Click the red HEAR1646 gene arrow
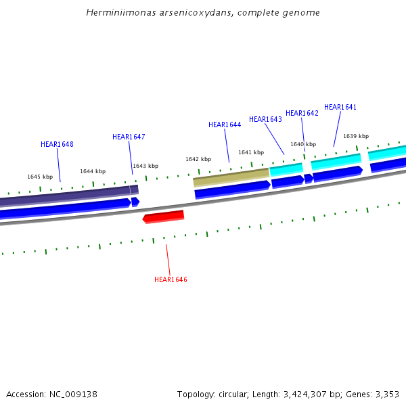(x=164, y=217)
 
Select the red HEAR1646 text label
(x=171, y=279)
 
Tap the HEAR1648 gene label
(x=57, y=144)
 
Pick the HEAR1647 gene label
(x=129, y=137)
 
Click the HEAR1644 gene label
(x=225, y=125)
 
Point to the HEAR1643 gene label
(x=265, y=119)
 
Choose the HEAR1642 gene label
(x=302, y=113)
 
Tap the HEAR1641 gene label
(x=340, y=107)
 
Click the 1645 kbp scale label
(x=40, y=177)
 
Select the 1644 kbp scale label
(x=93, y=171)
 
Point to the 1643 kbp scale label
(x=145, y=166)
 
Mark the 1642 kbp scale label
(x=198, y=159)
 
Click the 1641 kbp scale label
(x=251, y=152)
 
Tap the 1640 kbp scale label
(x=303, y=144)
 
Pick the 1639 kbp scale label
(x=356, y=136)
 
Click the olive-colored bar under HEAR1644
(x=231, y=177)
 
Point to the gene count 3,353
(x=386, y=394)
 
